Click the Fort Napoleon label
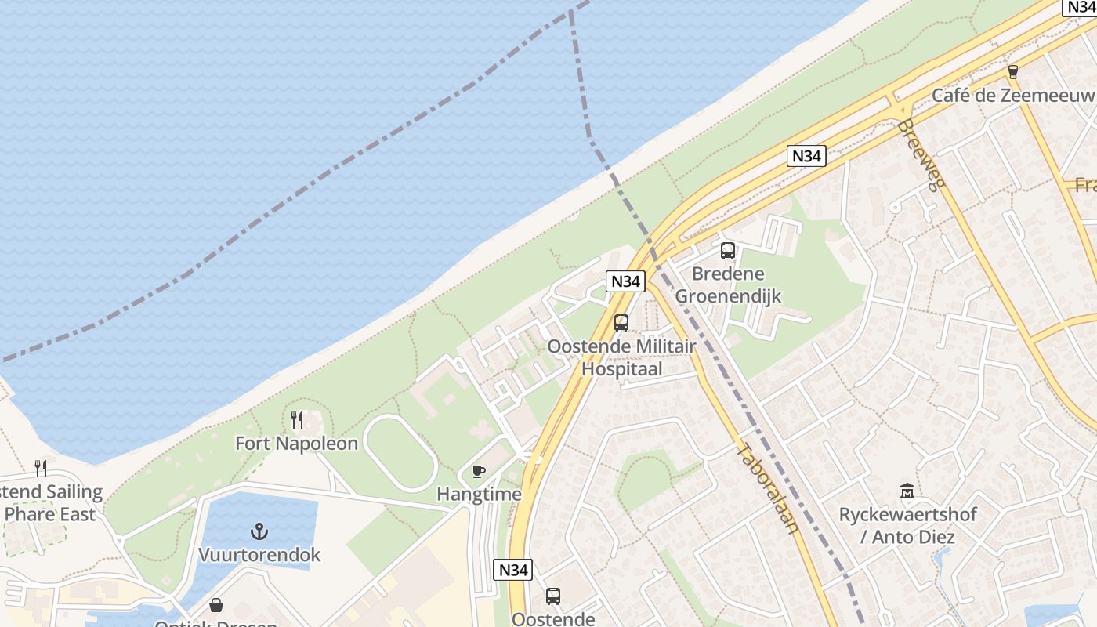(x=296, y=444)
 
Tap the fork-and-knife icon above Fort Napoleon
(x=297, y=420)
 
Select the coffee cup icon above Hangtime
(x=479, y=471)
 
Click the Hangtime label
(x=479, y=495)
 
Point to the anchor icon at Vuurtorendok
(x=259, y=532)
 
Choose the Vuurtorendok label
(x=259, y=555)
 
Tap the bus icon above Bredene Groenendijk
(x=728, y=251)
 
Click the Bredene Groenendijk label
(x=728, y=285)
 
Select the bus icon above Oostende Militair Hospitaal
(x=621, y=322)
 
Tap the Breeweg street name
(x=922, y=155)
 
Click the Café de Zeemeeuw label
(x=1012, y=96)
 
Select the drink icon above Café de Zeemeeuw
(x=1013, y=72)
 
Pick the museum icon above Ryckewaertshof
(x=907, y=491)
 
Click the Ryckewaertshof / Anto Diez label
(x=907, y=526)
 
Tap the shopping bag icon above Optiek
(x=216, y=605)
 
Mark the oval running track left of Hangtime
(x=400, y=453)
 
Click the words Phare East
(x=50, y=514)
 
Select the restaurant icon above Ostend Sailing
(x=41, y=469)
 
